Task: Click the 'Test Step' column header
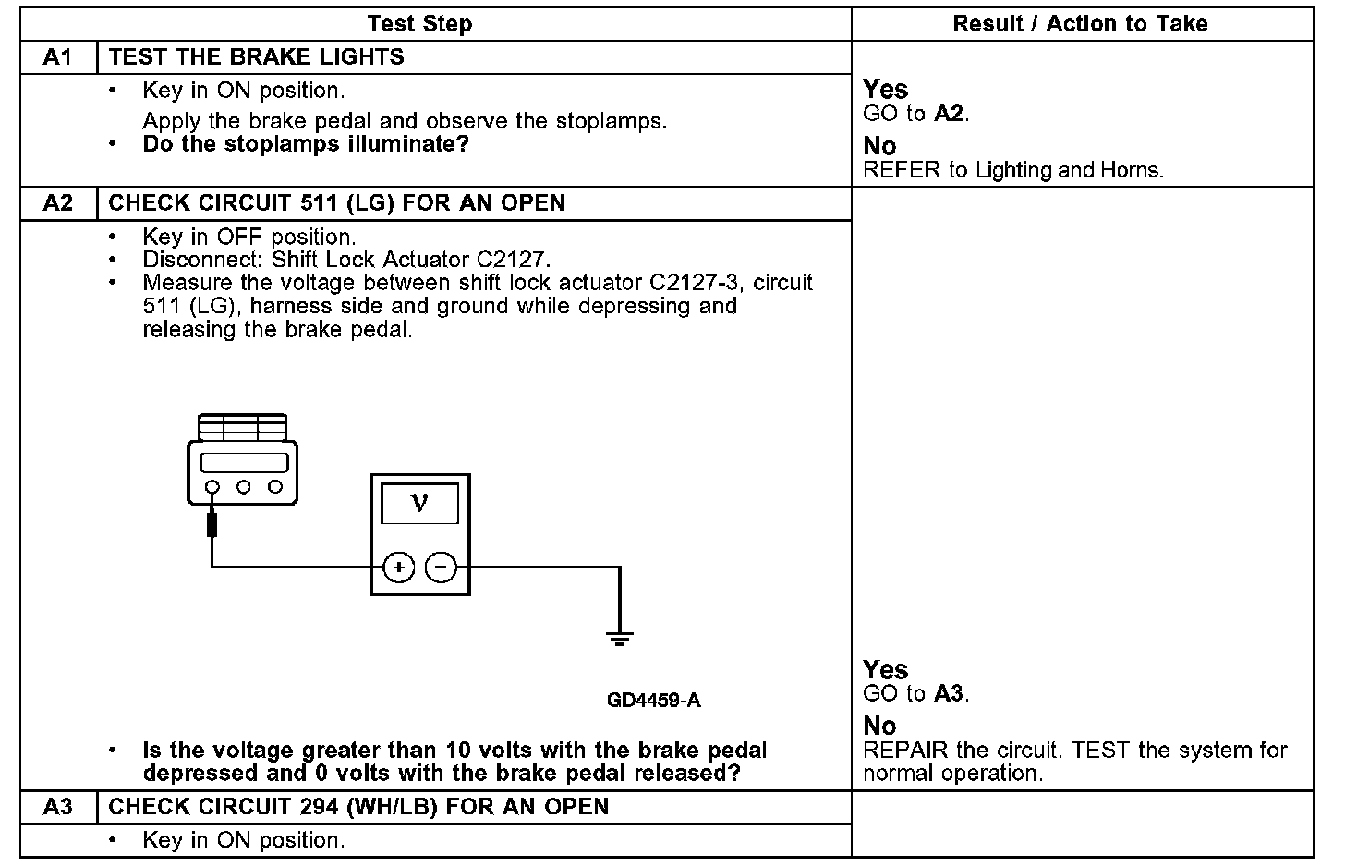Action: [419, 24]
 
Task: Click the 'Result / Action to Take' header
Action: [1080, 24]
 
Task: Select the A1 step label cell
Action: [57, 57]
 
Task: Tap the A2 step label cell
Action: [57, 203]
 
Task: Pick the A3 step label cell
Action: [57, 807]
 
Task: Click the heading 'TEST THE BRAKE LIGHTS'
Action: [257, 57]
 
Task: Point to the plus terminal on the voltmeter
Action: [399, 568]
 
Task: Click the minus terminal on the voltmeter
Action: [442, 568]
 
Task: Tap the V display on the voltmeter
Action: [419, 504]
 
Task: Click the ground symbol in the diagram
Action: [620, 638]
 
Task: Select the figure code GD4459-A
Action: [653, 701]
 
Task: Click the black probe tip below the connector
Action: [212, 525]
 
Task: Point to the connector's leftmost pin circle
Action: [212, 487]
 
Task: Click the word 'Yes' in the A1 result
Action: [885, 90]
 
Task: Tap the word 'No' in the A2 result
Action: [879, 726]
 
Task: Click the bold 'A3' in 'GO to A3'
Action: [949, 694]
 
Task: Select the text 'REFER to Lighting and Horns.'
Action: [1013, 170]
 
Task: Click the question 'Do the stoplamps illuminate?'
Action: [306, 144]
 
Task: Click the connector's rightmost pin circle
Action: [274, 487]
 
